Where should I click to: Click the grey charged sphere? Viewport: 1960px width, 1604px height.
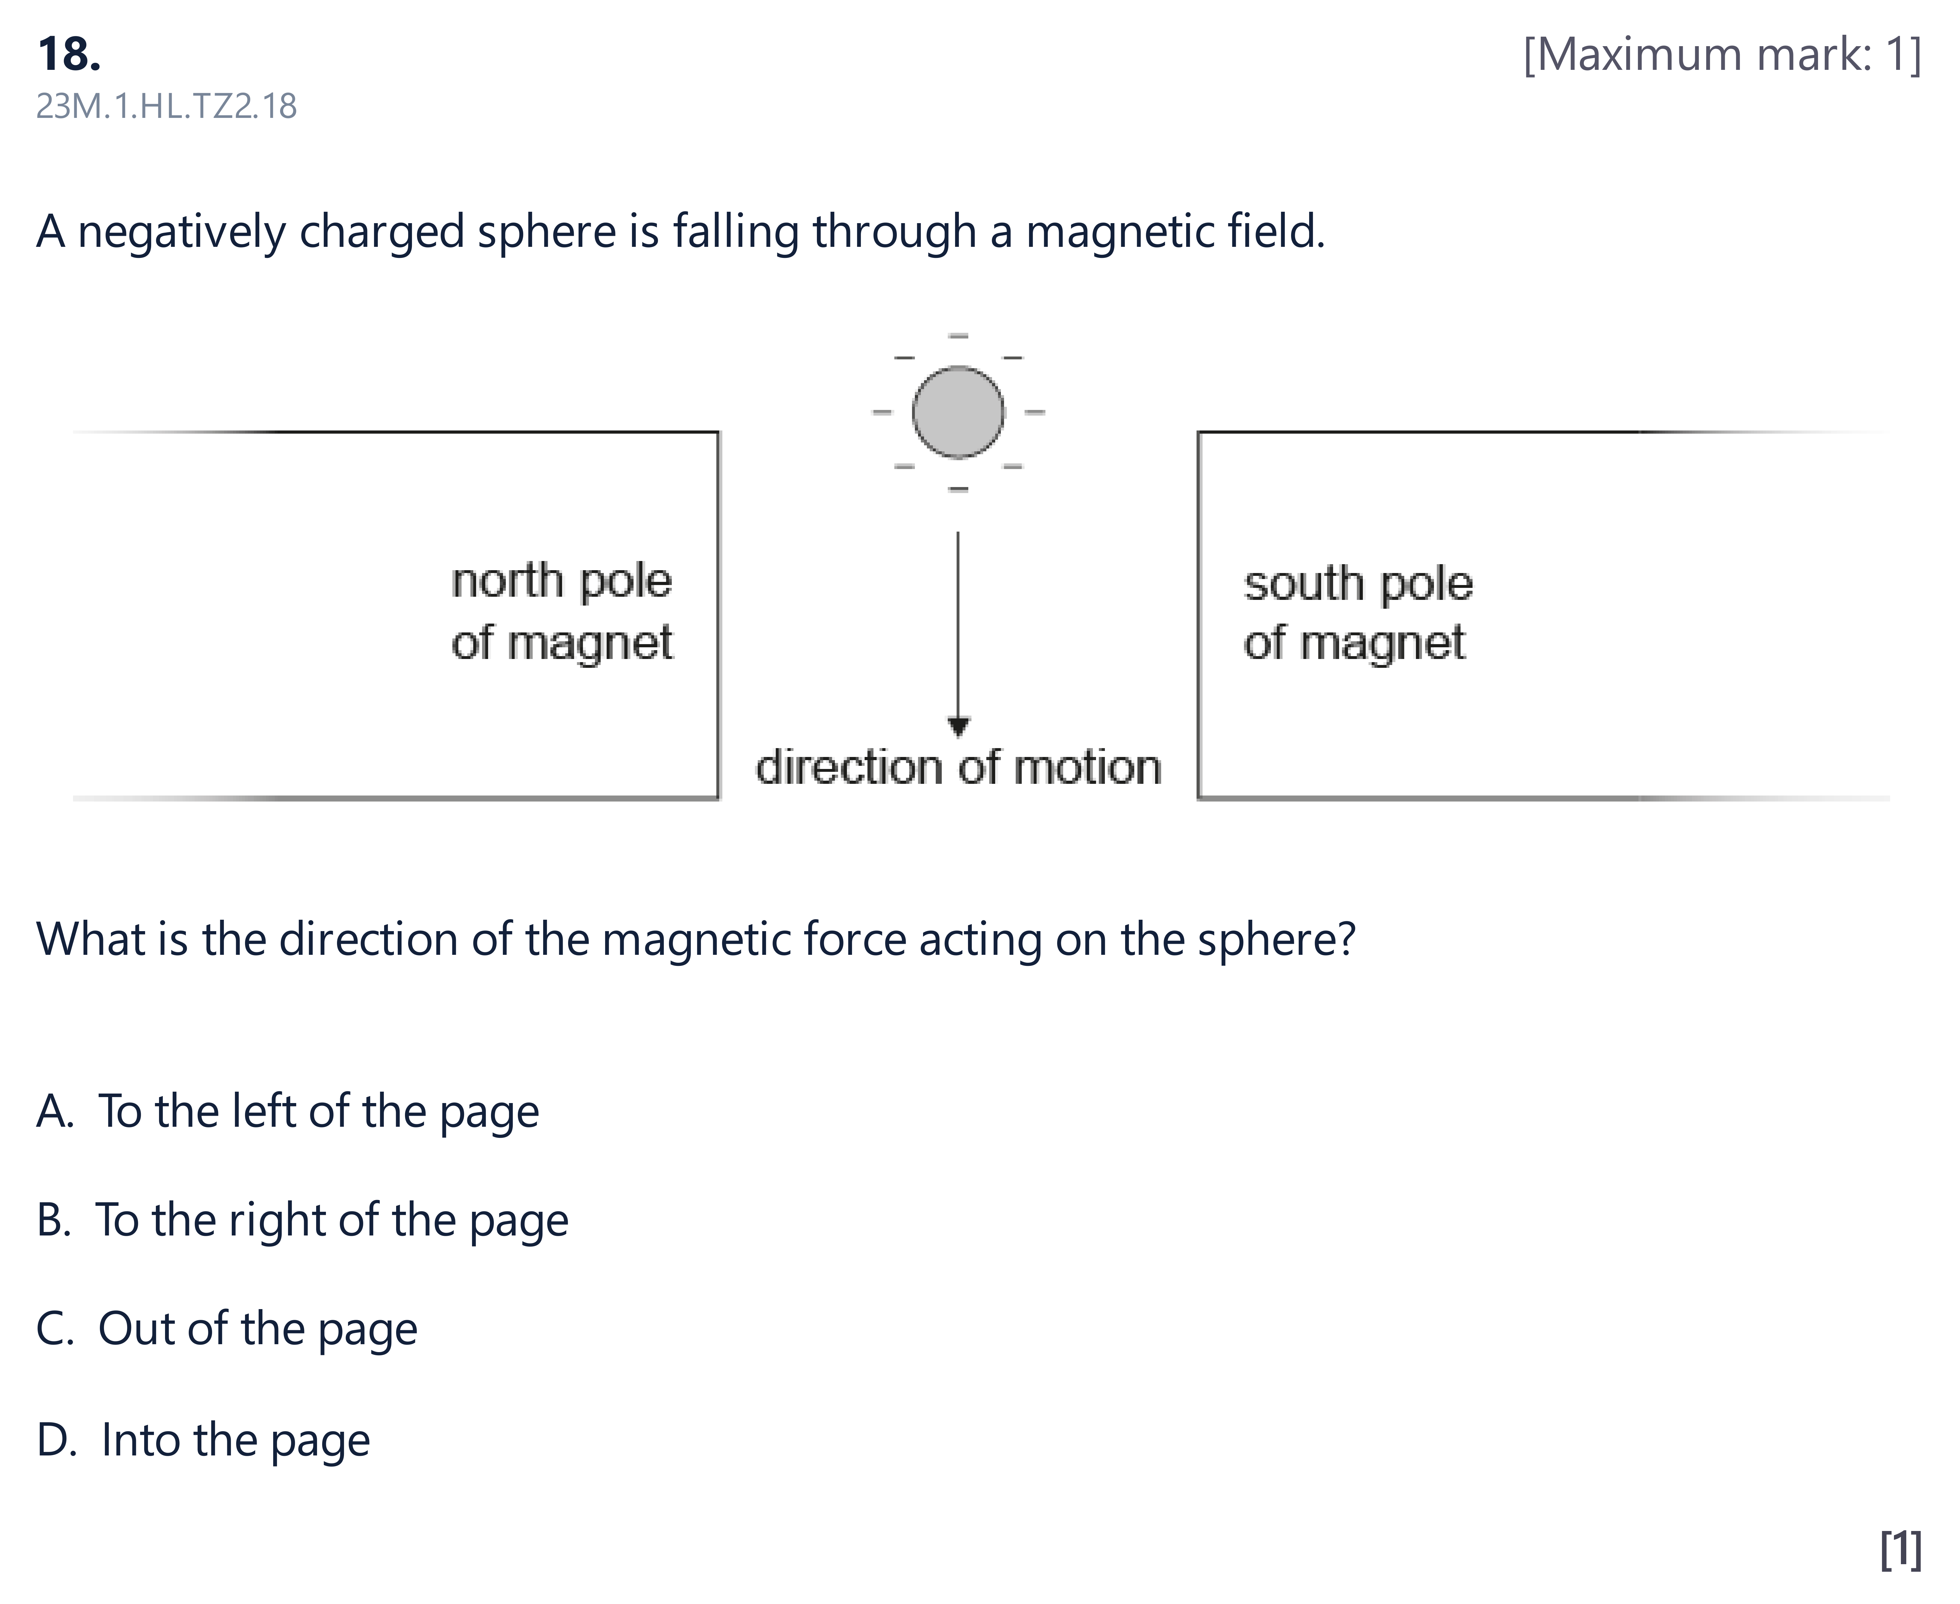pos(958,412)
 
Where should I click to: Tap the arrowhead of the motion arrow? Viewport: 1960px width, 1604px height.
pos(958,727)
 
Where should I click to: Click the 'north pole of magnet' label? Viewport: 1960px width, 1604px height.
pos(562,612)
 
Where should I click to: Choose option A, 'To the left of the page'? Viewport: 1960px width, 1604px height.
pos(287,1112)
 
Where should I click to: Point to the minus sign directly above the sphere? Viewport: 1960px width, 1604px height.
pos(958,335)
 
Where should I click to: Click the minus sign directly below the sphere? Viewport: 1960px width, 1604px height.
pos(958,489)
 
